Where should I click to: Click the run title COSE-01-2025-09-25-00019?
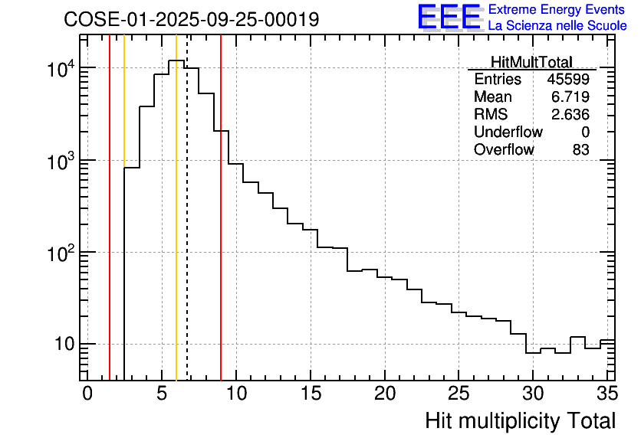pyautogui.click(x=192, y=20)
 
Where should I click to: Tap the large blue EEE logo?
pyautogui.click(x=449, y=17)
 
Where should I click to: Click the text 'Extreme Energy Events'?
pyautogui.click(x=557, y=10)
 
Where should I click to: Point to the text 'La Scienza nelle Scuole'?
pyautogui.click(x=557, y=26)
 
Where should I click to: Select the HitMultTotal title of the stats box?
pyautogui.click(x=531, y=61)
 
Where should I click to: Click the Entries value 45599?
pyautogui.click(x=568, y=80)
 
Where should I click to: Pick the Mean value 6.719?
pyautogui.click(x=571, y=97)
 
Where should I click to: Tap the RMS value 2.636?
pyautogui.click(x=571, y=115)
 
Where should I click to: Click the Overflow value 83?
pyautogui.click(x=580, y=150)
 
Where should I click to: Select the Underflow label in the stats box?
pyautogui.click(x=508, y=132)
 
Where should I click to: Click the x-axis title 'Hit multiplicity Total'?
pyautogui.click(x=520, y=420)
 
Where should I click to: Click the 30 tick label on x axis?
pyautogui.click(x=533, y=394)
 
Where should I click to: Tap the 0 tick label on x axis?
pyautogui.click(x=87, y=394)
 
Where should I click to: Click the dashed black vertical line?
pyautogui.click(x=187, y=230)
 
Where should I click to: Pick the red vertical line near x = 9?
pyautogui.click(x=221, y=230)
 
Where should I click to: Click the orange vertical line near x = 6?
pyautogui.click(x=176, y=230)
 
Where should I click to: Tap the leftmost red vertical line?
pyautogui.click(x=110, y=230)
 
